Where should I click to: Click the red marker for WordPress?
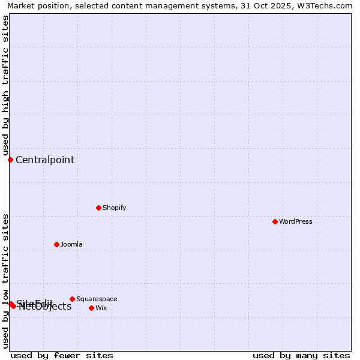[x=275, y=221]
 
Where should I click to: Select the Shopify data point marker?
[x=98, y=208]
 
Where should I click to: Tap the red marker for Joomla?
[x=56, y=244]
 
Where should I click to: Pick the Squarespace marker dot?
[x=72, y=299]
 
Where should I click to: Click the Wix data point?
[x=91, y=308]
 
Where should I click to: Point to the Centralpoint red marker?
[x=10, y=160]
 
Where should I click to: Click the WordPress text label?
[x=296, y=221]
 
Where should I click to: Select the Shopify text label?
[x=114, y=208]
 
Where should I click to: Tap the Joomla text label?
[x=71, y=244]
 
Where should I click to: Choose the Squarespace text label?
[x=97, y=299]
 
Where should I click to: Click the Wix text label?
[x=101, y=308]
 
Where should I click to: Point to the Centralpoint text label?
[x=45, y=160]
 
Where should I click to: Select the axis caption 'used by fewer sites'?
[x=62, y=355]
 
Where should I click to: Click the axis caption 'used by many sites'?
[x=301, y=355]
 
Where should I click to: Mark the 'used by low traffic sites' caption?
[x=5, y=280]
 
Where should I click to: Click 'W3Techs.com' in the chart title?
[x=328, y=5]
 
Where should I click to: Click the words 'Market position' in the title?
[x=36, y=5]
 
